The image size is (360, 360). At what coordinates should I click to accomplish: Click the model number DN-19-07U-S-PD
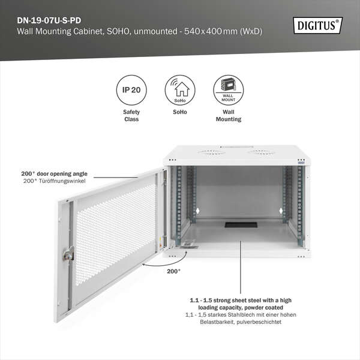coord(49,19)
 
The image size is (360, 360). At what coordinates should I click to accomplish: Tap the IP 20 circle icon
coord(131,91)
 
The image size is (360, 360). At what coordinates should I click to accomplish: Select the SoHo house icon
coord(180,90)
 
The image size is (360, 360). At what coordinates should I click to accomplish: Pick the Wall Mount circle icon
coord(228,90)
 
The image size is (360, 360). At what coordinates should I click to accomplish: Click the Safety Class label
coord(131,115)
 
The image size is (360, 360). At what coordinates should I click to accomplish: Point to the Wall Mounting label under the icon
coord(228,115)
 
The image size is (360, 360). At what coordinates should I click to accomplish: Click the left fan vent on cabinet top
coord(210,152)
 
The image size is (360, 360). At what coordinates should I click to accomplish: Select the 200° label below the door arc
coord(173,271)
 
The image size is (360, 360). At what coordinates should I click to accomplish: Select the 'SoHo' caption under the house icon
coord(180,112)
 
